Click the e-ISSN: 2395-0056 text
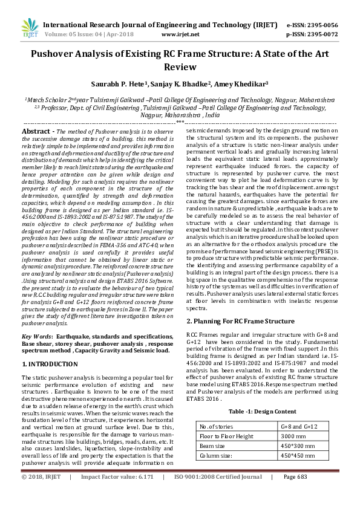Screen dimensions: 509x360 pos(311,25)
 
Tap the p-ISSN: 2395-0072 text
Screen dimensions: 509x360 pos(311,35)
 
